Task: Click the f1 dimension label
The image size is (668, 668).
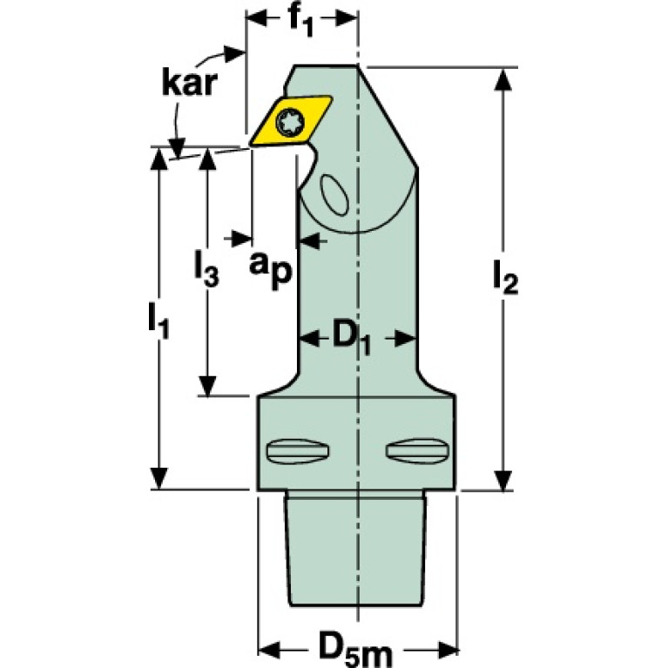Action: (301, 20)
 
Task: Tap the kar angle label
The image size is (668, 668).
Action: (189, 83)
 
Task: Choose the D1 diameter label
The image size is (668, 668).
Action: (352, 340)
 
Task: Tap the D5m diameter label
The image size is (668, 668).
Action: (354, 651)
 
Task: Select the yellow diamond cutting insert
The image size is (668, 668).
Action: (290, 121)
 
